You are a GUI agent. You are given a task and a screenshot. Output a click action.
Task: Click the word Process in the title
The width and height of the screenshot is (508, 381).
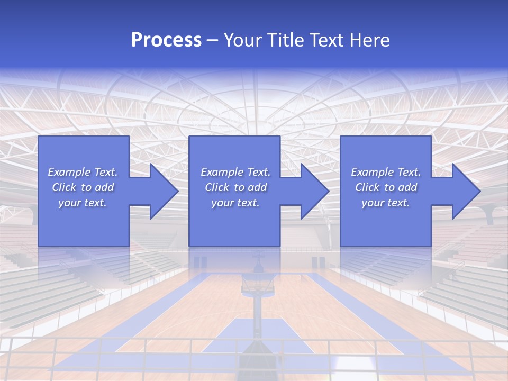[166, 40]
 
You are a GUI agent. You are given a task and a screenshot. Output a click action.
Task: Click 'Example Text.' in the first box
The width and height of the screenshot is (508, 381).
[83, 172]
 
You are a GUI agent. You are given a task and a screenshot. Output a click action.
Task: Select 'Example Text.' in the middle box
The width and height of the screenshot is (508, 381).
[235, 172]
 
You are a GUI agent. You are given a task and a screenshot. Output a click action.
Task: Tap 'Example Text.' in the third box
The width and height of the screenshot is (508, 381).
[386, 172]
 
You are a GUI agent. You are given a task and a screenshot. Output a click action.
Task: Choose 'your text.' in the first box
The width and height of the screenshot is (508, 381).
[83, 203]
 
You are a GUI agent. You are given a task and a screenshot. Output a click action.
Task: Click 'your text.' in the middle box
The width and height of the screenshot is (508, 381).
[235, 203]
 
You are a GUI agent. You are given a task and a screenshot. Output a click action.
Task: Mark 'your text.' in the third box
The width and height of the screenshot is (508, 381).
[386, 203]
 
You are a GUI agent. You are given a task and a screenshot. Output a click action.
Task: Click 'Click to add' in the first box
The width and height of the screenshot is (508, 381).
[83, 187]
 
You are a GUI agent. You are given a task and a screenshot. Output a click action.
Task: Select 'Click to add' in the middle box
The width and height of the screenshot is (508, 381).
[235, 187]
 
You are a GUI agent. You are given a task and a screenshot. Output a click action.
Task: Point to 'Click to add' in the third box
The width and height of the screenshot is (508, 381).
[386, 187]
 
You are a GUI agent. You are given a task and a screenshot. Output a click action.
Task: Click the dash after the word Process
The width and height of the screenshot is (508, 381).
[212, 40]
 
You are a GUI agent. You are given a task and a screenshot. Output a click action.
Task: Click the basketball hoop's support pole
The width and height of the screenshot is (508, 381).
[257, 323]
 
